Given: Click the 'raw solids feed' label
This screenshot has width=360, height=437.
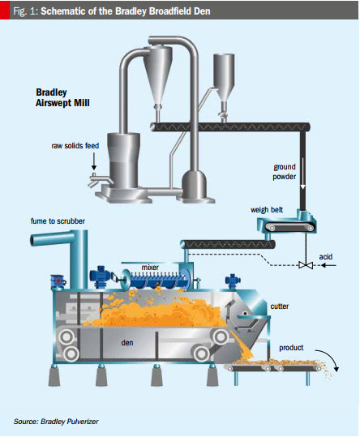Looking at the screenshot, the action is click(75, 146).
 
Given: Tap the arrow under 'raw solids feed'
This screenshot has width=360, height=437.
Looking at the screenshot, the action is click(94, 161).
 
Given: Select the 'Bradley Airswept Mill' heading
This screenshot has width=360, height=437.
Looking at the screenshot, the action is click(62, 97).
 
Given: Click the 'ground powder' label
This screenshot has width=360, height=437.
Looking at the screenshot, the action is click(285, 172).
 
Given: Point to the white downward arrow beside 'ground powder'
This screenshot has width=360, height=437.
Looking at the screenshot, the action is click(303, 173).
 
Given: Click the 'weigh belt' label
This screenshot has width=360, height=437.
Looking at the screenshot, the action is click(267, 209).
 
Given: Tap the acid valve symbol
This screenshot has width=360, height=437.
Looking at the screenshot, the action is click(306, 265).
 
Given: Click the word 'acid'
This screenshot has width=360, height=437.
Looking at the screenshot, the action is click(326, 257).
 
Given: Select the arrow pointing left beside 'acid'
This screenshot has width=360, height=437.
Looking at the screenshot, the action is click(328, 265).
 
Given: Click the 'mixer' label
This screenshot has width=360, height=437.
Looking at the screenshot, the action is click(150, 268).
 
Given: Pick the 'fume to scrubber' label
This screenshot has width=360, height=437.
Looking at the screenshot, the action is click(58, 221).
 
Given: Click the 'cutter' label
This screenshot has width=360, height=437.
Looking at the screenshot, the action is click(280, 306).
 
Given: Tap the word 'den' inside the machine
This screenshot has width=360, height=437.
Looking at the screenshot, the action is click(127, 342).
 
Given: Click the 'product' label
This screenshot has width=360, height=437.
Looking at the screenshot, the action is click(291, 348).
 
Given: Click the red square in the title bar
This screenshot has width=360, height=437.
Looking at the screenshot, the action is click(5, 11).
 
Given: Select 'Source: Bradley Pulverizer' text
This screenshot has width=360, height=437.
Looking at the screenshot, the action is click(56, 421).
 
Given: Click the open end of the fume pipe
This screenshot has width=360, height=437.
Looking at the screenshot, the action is click(32, 240).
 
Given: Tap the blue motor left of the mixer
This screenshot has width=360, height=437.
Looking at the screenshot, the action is click(100, 276).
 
